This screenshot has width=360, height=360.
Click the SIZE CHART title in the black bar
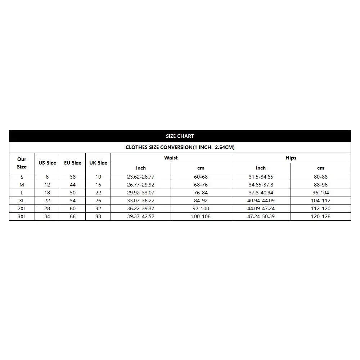coord(180,136)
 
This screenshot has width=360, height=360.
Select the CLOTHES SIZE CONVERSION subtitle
coord(180,147)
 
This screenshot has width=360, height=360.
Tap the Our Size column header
coord(22,163)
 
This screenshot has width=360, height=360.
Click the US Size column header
coord(47,163)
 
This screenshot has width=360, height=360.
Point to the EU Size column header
coord(73,163)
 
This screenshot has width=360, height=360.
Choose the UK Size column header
coord(98,163)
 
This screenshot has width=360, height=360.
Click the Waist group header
coord(171,158)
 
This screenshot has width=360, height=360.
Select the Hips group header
coord(291,158)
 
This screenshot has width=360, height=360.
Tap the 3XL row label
coord(22,216)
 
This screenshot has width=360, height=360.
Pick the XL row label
coord(22,201)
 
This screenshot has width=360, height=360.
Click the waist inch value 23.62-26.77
coord(141,177)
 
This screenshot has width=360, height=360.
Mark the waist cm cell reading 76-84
coord(201,193)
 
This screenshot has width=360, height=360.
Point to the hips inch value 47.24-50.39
coord(261,216)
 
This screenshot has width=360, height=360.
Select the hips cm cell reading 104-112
coord(321,201)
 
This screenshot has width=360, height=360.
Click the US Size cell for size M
coord(47,185)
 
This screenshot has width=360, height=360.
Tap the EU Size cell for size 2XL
coord(73,208)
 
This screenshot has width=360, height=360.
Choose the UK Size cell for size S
coord(98,177)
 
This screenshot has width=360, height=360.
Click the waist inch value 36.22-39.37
coord(141,208)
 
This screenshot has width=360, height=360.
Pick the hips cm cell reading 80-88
coord(321,177)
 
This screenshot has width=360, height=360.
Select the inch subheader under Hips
coord(261,168)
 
